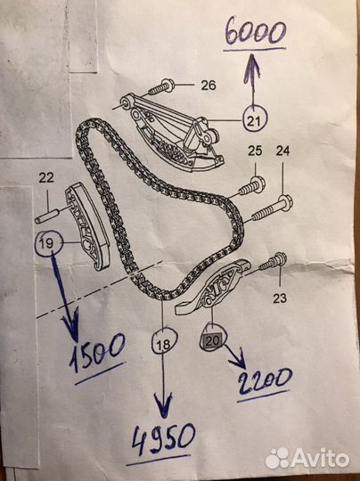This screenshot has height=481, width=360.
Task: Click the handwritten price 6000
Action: click(x=255, y=33)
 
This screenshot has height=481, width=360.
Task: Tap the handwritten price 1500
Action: click(x=97, y=352)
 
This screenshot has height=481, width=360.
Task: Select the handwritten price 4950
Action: click(x=163, y=437)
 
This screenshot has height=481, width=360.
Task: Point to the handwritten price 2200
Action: click(x=264, y=381)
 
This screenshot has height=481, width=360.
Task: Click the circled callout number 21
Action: click(x=255, y=118)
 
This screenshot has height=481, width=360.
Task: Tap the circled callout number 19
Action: click(x=48, y=243)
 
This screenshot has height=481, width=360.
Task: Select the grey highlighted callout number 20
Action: click(x=211, y=340)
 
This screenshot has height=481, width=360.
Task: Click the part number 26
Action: click(x=209, y=86)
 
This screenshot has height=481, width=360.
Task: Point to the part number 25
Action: click(x=255, y=151)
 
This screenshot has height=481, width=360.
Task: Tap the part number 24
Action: click(x=282, y=151)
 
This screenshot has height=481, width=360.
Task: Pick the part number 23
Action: click(x=280, y=298)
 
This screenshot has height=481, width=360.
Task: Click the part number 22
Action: click(x=46, y=177)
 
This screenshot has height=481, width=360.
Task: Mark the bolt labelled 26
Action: click(x=161, y=86)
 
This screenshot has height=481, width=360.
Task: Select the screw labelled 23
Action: click(x=274, y=262)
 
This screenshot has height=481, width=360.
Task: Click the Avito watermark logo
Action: click(x=307, y=459)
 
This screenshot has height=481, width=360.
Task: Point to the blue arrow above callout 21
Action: click(x=253, y=76)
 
